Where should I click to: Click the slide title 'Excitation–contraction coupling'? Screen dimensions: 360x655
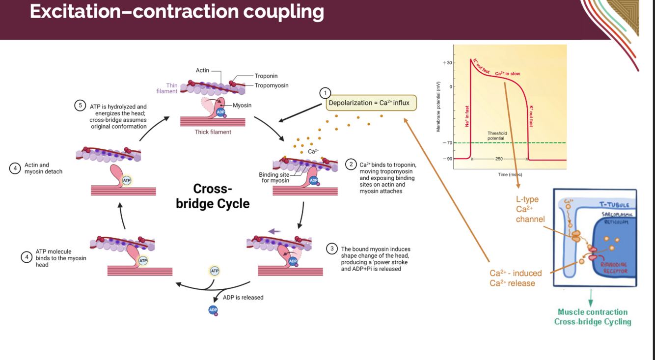pyautogui.click(x=177, y=12)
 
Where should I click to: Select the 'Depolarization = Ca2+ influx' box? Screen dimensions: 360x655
pyautogui.click(x=371, y=103)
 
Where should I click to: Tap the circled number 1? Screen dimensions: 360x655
pyautogui.click(x=325, y=93)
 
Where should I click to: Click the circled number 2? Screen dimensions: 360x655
pyautogui.click(x=351, y=164)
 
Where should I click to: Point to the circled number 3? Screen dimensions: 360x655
pyautogui.click(x=332, y=249)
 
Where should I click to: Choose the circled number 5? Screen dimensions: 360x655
pyautogui.click(x=80, y=106)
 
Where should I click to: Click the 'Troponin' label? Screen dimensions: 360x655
pyautogui.click(x=266, y=76)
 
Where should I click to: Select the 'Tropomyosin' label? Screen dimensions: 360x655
pyautogui.click(x=271, y=85)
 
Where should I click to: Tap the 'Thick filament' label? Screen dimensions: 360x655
pyautogui.click(x=213, y=132)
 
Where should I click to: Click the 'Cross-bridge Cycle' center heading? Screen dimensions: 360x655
pyautogui.click(x=213, y=196)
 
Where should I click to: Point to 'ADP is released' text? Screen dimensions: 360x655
pyautogui.click(x=243, y=297)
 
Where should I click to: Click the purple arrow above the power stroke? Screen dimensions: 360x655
pyautogui.click(x=274, y=231)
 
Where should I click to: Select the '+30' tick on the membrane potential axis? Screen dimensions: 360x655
pyautogui.click(x=447, y=63)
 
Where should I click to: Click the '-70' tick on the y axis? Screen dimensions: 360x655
pyautogui.click(x=447, y=143)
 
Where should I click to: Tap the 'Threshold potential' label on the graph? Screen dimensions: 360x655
pyautogui.click(x=497, y=136)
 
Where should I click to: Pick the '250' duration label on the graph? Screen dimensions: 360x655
pyautogui.click(x=499, y=159)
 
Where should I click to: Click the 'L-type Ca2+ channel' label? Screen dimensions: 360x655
pyautogui.click(x=529, y=209)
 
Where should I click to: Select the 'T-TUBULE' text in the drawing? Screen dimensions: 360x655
pyautogui.click(x=614, y=204)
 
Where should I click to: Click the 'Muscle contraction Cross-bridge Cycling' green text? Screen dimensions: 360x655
pyautogui.click(x=592, y=317)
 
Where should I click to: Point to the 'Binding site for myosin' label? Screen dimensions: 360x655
pyautogui.click(x=274, y=177)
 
